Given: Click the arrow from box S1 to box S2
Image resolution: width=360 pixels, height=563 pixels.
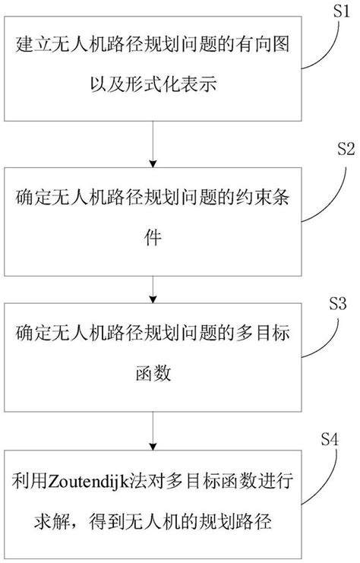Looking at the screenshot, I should tap(155, 149).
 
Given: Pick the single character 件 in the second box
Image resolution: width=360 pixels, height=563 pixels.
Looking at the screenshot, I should tap(154, 239).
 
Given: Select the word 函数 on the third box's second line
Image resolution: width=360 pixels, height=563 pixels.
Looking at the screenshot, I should tap(154, 374).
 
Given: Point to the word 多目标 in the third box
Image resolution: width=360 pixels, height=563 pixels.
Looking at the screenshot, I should tap(270, 337).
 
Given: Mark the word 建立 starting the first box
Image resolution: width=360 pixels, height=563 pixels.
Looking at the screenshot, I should tap(30, 61).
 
